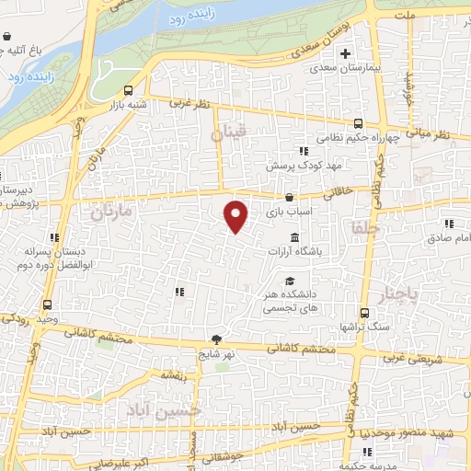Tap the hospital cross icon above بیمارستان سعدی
coord(345,53)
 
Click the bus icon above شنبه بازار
coord(127,90)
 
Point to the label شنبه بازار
coord(127,104)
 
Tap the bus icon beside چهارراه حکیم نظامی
coord(360,123)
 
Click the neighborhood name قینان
coord(227,135)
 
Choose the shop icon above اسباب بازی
coord(290,197)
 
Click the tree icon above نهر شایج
coord(217,339)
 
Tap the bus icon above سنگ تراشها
coord(364,313)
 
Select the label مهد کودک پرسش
coord(293,167)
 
